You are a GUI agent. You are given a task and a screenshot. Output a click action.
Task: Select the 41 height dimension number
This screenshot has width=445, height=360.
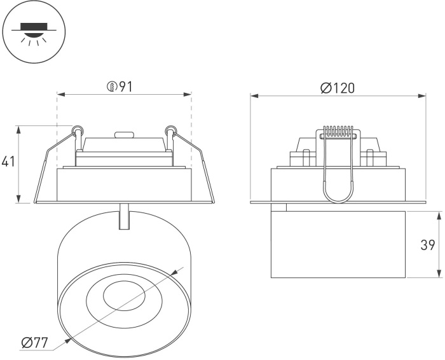[8, 162]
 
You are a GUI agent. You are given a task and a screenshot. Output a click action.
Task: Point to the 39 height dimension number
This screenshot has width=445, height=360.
[427, 245]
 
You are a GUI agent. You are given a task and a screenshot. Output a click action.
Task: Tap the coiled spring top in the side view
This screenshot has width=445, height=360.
[338, 132]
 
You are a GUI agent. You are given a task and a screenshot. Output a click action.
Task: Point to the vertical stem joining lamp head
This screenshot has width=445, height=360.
[125, 217]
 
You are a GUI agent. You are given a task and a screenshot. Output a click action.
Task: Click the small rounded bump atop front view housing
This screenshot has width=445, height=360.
[123, 135]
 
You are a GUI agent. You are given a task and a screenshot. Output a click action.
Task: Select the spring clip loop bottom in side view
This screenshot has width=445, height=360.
[338, 198]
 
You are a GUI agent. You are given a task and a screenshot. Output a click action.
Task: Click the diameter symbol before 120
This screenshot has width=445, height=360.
[324, 88]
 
